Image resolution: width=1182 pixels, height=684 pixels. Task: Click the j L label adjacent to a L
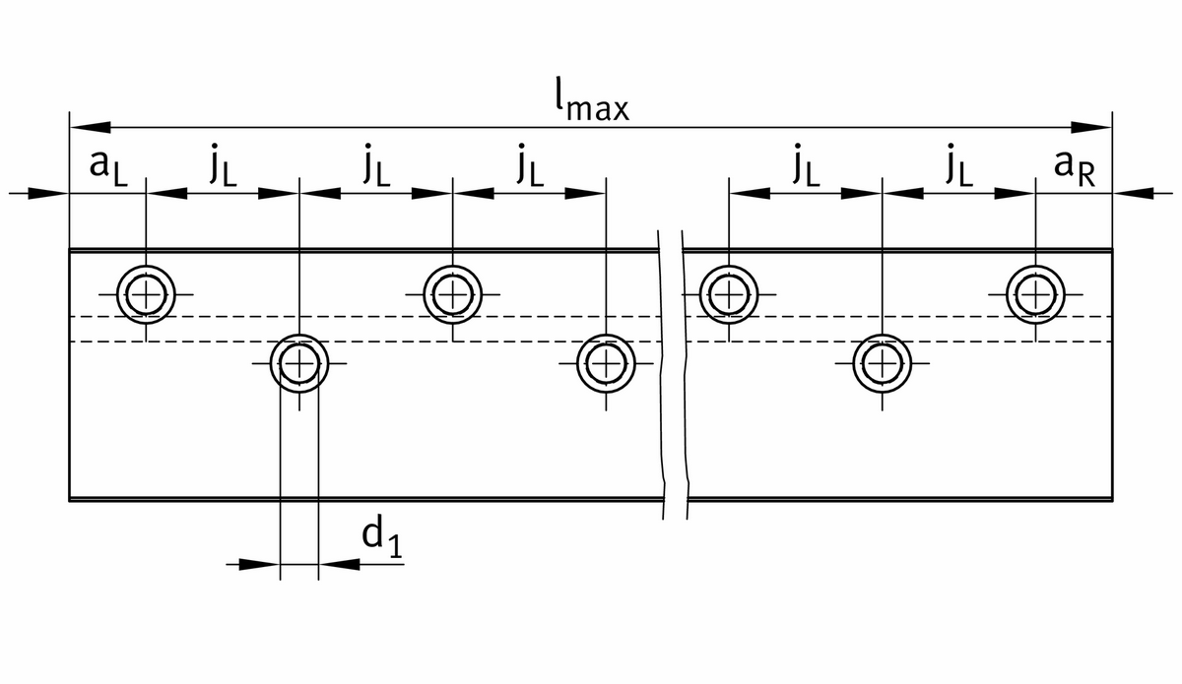pos(222,167)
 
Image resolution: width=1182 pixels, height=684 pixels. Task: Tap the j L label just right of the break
pos(805,167)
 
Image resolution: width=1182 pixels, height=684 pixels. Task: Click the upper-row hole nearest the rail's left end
pos(146,293)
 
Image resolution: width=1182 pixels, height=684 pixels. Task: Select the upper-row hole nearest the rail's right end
pos(1035,293)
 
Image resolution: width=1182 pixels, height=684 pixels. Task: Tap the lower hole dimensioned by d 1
pos(298,363)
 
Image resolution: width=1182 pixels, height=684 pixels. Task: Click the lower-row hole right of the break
pos(882,363)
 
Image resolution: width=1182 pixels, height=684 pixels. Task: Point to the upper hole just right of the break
pos(728,293)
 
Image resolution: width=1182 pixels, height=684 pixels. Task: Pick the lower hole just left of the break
pos(606,363)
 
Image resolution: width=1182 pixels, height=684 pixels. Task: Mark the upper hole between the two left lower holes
pos(452,293)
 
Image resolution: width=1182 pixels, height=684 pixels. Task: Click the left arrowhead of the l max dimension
pos(89,127)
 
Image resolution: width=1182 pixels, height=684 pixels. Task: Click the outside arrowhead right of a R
pos(1133,194)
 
